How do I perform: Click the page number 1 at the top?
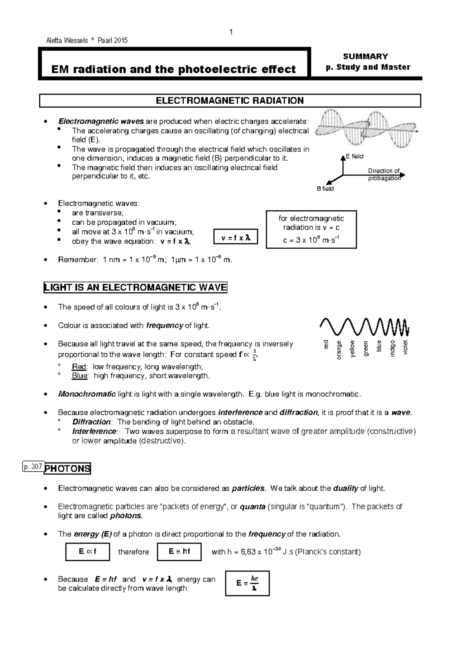coord(231,32)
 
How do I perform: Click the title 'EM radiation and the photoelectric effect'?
coord(174,69)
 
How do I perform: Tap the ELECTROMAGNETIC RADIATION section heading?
coord(229,101)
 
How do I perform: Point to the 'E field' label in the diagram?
coord(355,156)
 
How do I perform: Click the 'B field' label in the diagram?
coord(325,189)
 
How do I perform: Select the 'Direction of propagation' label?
coord(384,175)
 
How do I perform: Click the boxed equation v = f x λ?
coord(236,238)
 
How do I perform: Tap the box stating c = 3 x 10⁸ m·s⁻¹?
coord(311,230)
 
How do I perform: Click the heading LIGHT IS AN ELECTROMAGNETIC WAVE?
coord(136,288)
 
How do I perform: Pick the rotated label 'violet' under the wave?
coord(405,347)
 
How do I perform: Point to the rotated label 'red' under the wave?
coord(326,345)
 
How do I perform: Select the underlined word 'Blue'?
coord(80,376)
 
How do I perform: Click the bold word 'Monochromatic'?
coord(87,394)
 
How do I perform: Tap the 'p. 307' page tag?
coord(33,467)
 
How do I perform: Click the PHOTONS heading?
coord(67,469)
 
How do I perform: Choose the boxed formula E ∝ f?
coord(87,552)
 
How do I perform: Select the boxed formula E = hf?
coord(179,552)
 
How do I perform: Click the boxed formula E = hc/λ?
coord(247,584)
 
